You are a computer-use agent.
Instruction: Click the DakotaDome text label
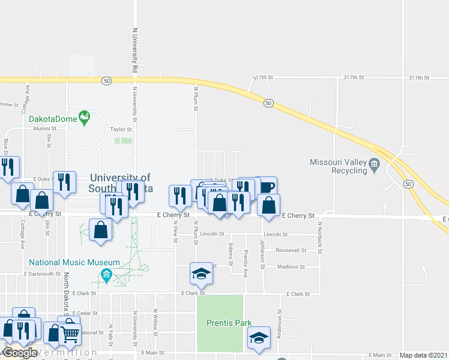(53, 118)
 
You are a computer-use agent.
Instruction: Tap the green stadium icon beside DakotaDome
(84, 115)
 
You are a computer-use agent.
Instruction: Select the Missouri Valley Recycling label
(338, 166)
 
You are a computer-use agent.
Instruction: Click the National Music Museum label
(74, 263)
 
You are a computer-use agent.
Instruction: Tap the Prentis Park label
(229, 323)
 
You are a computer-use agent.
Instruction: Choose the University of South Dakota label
(120, 183)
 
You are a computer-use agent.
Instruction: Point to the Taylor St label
(120, 129)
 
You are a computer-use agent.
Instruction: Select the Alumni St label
(44, 128)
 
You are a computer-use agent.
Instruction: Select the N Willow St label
(155, 320)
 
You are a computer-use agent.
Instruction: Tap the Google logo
(20, 353)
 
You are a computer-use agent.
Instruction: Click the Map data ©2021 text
(423, 355)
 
